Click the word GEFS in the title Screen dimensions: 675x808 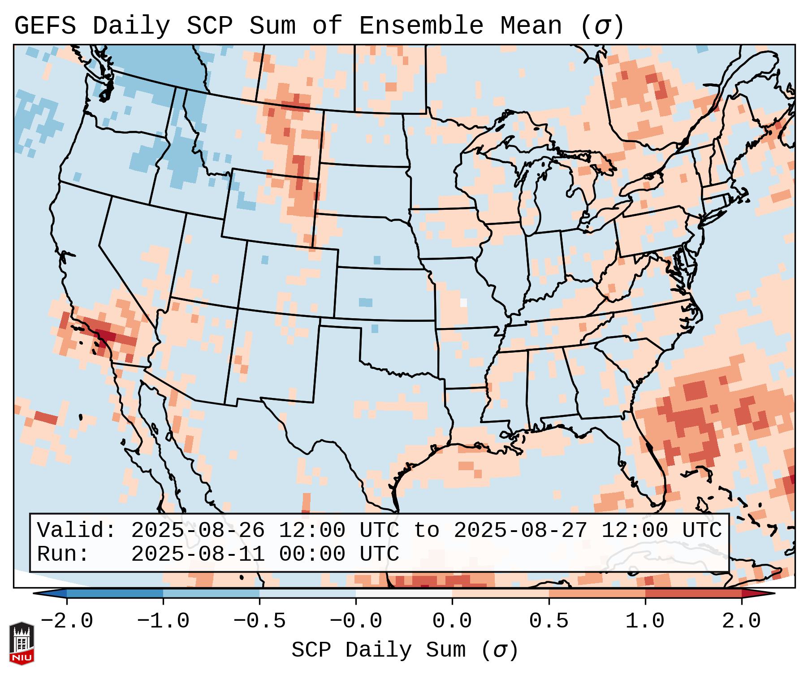(45, 26)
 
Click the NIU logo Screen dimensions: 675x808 (22, 643)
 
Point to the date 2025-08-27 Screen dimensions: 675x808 (520, 531)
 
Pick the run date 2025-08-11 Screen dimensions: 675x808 (198, 554)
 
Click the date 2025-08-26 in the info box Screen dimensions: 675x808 (198, 531)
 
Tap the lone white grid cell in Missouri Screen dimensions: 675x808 (463, 303)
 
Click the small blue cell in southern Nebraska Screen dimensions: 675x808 (377, 260)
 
